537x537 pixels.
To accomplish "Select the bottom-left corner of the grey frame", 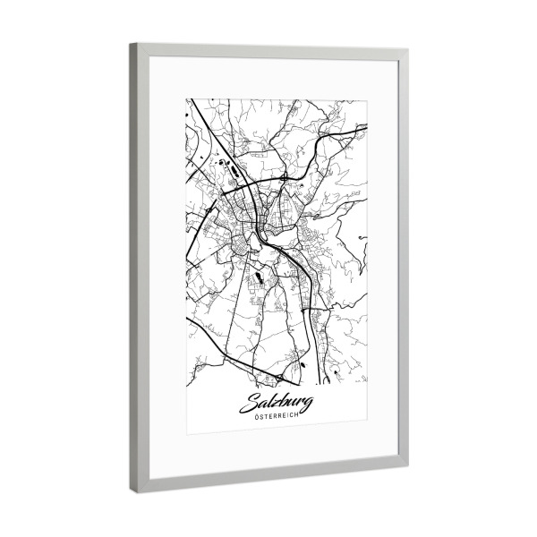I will pos(132,494).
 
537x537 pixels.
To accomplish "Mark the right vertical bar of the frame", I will pos(402,260).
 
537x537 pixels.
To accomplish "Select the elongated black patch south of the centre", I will pos(258,279).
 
